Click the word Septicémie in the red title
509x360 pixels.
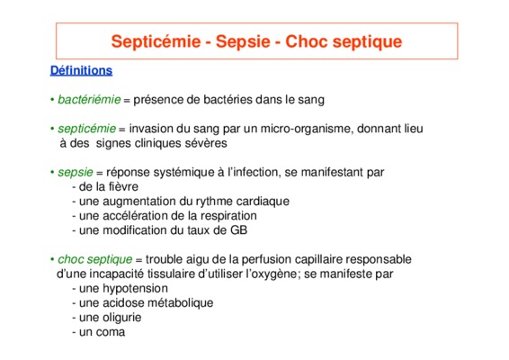click(x=156, y=42)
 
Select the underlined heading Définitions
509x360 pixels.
click(x=81, y=70)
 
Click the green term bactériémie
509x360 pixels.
click(x=89, y=99)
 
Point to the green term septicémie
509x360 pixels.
click(x=86, y=130)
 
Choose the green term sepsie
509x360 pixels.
click(x=76, y=173)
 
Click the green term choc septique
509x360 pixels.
click(x=94, y=260)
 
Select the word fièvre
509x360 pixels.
click(x=123, y=187)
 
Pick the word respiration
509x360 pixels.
click(x=228, y=216)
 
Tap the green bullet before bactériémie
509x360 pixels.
click(x=52, y=99)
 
